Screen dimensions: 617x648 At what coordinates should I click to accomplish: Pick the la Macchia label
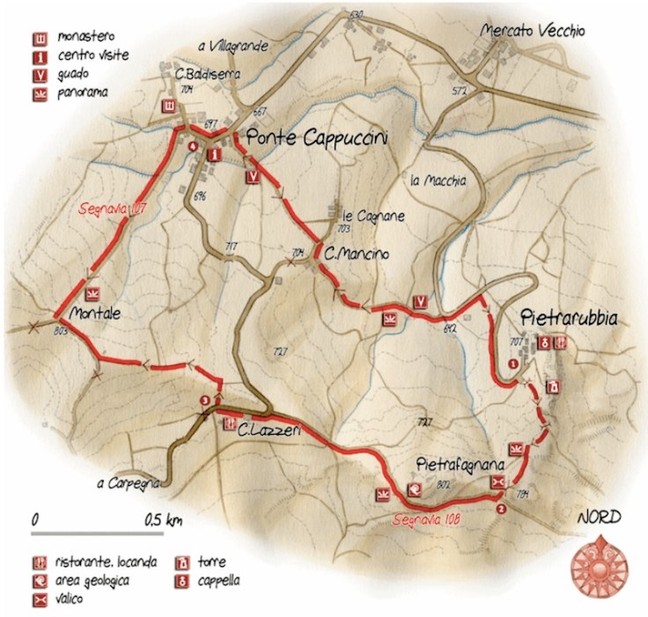437,181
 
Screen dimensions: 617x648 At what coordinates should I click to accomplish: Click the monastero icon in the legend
39,40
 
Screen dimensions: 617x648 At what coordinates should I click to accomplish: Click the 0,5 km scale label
162,521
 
